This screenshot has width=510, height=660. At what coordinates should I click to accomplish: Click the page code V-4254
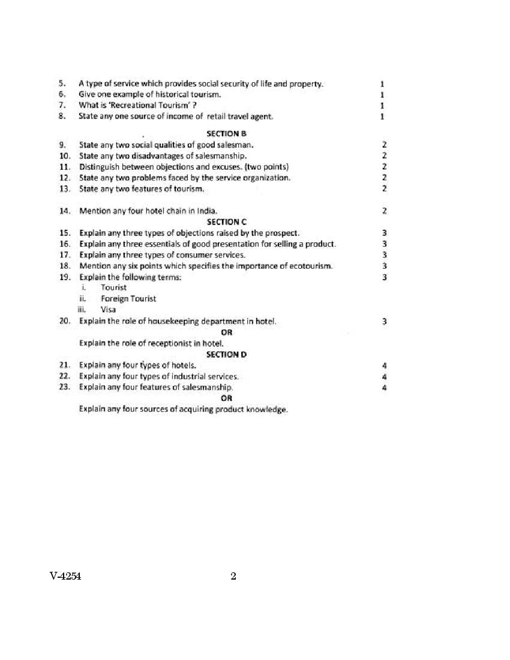pyautogui.click(x=66, y=577)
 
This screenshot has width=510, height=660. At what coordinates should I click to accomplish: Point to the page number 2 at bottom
pyautogui.click(x=233, y=577)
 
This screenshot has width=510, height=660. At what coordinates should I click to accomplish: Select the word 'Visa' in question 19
pyautogui.click(x=108, y=310)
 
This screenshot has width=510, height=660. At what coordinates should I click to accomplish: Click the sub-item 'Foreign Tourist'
pyautogui.click(x=128, y=299)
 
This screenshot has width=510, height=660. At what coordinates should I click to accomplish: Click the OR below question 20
pyautogui.click(x=226, y=332)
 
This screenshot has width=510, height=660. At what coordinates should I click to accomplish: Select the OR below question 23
pyautogui.click(x=226, y=398)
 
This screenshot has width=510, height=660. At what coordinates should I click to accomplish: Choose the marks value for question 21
pyautogui.click(x=384, y=365)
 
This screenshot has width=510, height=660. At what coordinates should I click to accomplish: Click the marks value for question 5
pyautogui.click(x=382, y=84)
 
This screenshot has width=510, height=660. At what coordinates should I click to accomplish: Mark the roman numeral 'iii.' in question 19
pyautogui.click(x=83, y=310)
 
